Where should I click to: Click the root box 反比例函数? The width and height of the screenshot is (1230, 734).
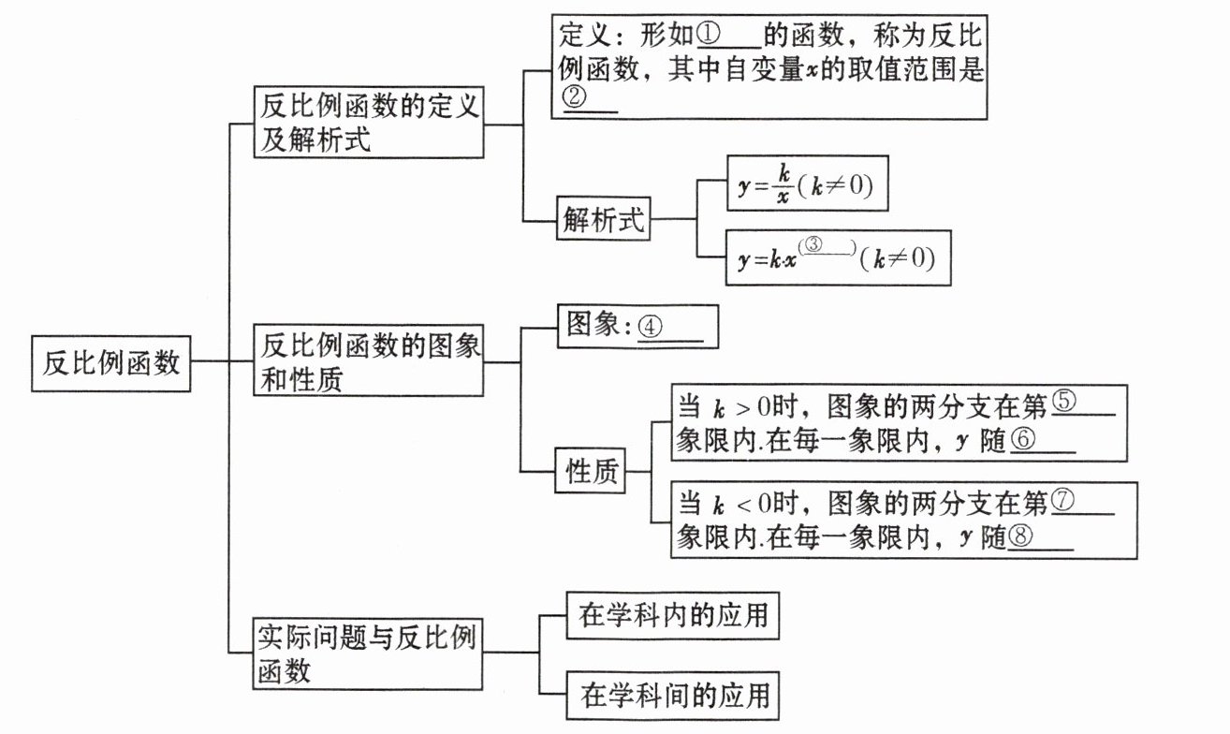click(x=111, y=361)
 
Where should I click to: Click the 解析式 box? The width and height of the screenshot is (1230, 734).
click(x=604, y=221)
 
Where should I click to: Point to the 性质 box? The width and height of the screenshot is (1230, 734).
click(x=593, y=473)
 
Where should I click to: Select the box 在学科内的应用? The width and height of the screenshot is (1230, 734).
click(x=673, y=615)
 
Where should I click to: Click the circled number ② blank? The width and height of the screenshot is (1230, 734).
click(x=574, y=97)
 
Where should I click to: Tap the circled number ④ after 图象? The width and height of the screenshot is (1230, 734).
click(x=652, y=327)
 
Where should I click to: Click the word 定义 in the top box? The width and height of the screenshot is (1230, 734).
click(x=586, y=37)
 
